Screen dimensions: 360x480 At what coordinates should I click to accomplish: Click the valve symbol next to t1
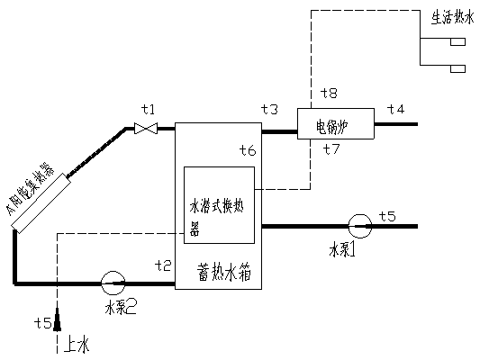point(145,130)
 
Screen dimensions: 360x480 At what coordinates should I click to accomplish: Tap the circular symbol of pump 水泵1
point(358,225)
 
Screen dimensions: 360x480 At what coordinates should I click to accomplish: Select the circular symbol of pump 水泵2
point(114,283)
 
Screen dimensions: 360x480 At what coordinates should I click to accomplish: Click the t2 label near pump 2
point(163,265)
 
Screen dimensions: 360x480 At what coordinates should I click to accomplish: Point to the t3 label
point(270,109)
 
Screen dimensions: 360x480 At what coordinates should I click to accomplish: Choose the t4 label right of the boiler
point(396,109)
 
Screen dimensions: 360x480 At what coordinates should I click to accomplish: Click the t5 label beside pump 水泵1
point(387,215)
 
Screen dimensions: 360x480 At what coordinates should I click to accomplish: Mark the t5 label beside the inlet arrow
point(41,322)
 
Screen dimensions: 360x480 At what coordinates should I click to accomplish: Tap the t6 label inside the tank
point(248,149)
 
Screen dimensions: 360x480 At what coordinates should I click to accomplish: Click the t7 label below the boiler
point(330,148)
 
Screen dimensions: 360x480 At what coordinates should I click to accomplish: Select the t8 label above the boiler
point(330,93)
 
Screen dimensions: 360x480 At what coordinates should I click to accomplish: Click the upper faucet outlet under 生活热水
point(457,42)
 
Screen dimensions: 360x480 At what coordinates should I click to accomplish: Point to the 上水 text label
point(78,344)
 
